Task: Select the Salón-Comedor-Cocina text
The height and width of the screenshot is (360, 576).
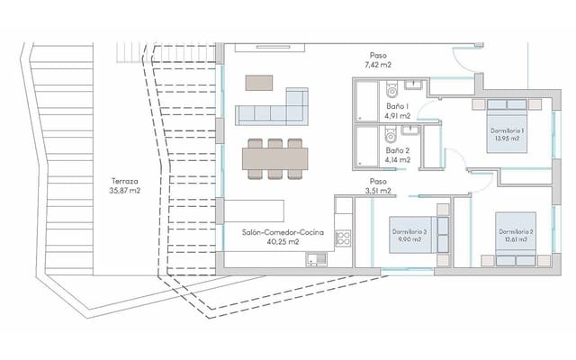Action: point(282,232)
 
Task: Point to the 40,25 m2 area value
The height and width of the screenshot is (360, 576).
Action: point(282,242)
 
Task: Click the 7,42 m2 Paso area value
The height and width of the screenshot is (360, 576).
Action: point(377,66)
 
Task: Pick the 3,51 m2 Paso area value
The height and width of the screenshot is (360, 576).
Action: point(377,191)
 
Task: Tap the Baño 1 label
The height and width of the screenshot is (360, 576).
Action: point(398,106)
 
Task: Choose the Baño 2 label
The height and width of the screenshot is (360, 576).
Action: point(398,150)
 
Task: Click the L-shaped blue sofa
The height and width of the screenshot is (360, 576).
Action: point(274,108)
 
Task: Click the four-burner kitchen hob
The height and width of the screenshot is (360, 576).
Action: point(343,238)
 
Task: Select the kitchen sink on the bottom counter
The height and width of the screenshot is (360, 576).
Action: point(315,261)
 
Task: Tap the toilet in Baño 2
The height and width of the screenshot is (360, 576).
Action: point(391,136)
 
